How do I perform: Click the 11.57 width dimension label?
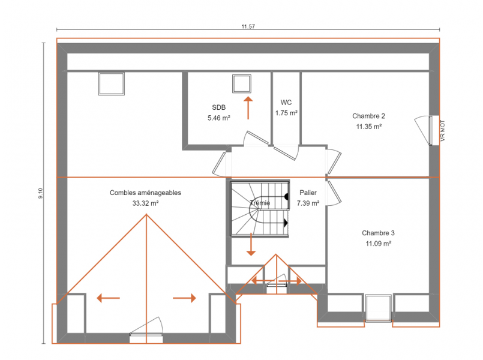tap(248, 26)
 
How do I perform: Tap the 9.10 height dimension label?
tap(41, 193)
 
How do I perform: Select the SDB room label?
tap(219, 107)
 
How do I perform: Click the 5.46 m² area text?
tap(219, 118)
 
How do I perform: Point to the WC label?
tap(286, 102)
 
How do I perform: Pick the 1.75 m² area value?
tap(286, 113)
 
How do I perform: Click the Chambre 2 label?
tap(368, 116)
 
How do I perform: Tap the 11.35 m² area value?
tap(369, 127)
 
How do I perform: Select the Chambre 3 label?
tap(378, 233)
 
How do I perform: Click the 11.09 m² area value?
tap(378, 244)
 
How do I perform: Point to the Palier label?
tap(308, 193)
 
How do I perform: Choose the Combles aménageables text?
tap(145, 193)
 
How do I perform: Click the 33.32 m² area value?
tap(145, 203)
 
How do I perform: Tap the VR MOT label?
tap(443, 131)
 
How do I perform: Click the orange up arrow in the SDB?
tap(248, 108)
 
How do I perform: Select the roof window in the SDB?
tap(242, 84)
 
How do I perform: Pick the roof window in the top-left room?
tap(112, 84)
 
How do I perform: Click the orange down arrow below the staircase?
tap(251, 245)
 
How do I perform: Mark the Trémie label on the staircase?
tap(260, 203)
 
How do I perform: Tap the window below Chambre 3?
tap(378, 308)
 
